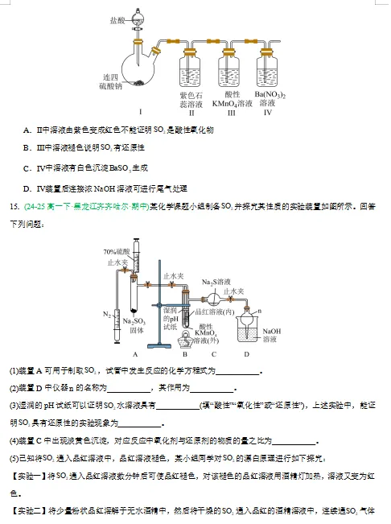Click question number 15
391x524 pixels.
[x=14, y=206]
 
